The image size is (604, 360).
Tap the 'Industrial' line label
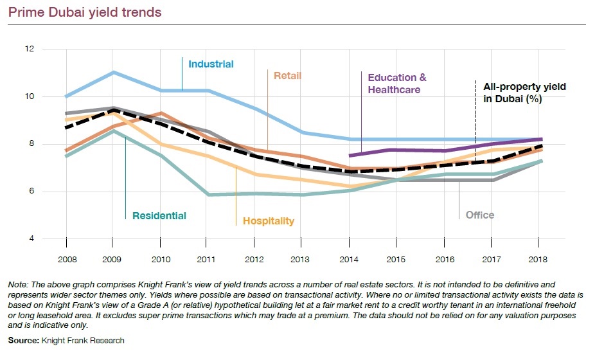point(211,64)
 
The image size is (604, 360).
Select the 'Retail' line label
point(287,75)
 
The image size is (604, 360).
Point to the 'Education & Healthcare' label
point(396,84)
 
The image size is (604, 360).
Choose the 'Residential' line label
point(159,216)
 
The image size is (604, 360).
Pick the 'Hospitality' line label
point(268,222)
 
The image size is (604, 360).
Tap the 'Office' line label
point(480,215)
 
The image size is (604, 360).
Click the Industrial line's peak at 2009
point(113,73)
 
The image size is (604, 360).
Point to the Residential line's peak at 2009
point(113,131)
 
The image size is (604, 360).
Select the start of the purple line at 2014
point(349,156)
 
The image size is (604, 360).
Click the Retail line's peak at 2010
point(161,114)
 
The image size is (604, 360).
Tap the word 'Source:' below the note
point(22,340)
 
